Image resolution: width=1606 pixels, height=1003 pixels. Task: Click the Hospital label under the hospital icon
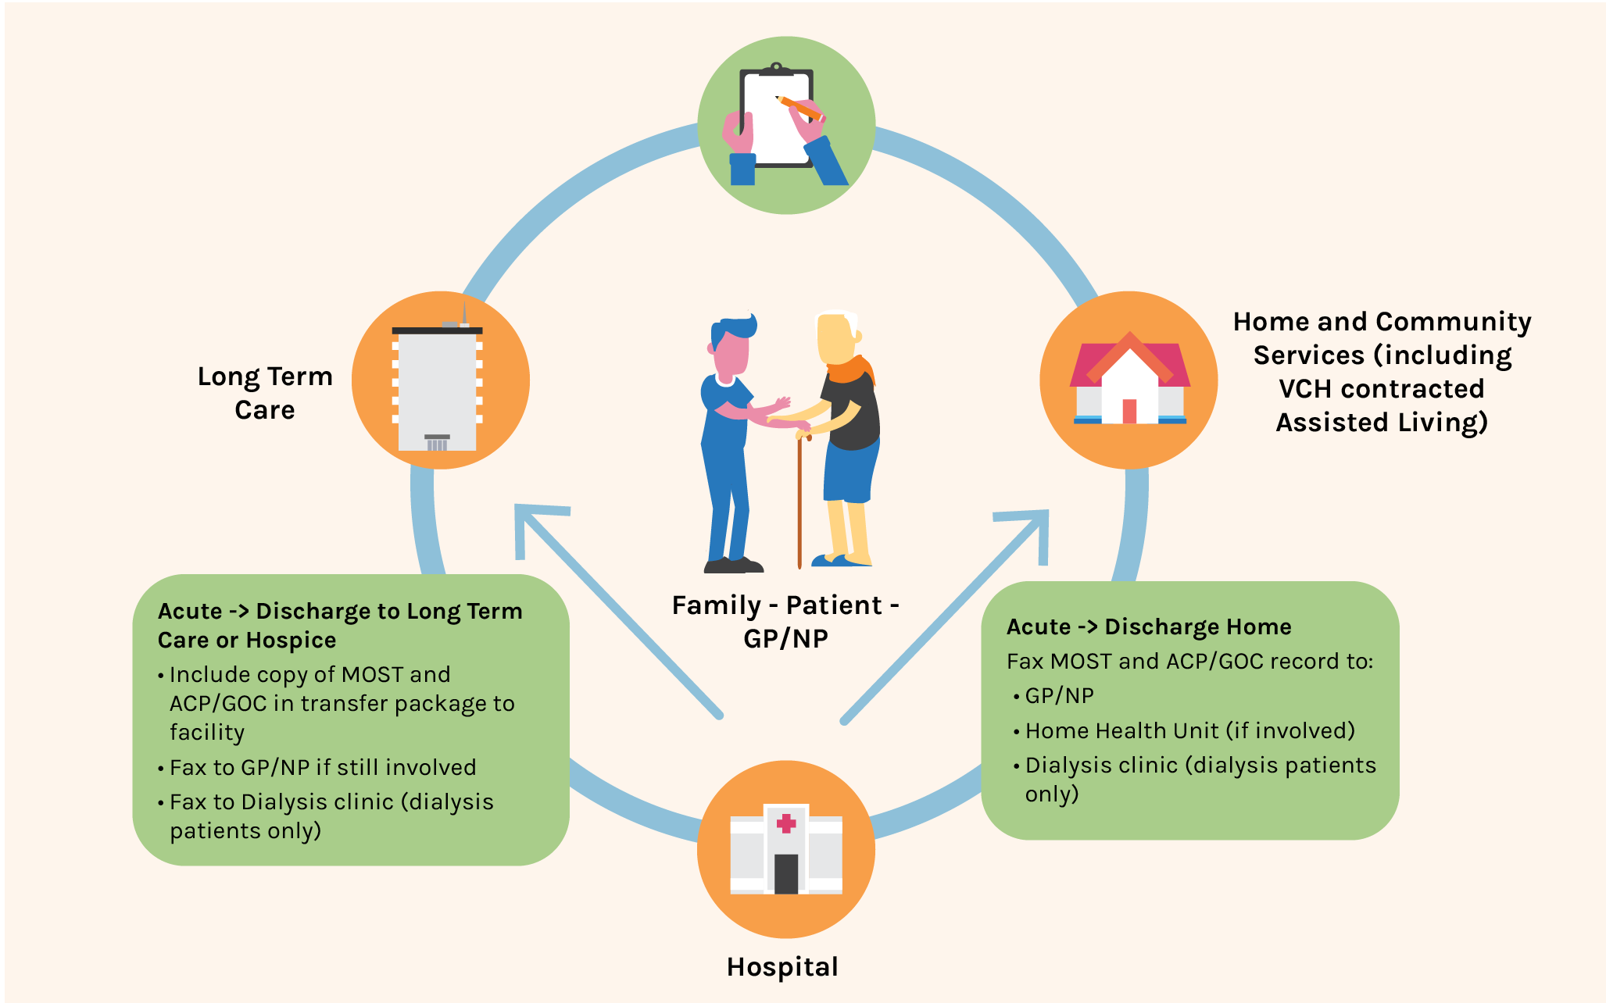coord(782,967)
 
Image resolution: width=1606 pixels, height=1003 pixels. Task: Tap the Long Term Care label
coord(265,393)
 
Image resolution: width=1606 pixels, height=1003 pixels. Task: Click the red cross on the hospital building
coord(786,823)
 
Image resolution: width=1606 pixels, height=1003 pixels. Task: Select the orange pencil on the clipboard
coord(799,107)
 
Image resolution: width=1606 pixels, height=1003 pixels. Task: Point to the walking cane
coord(799,500)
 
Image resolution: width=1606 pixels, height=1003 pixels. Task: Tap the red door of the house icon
coord(1128,411)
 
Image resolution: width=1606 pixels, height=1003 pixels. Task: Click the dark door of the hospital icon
coord(786,873)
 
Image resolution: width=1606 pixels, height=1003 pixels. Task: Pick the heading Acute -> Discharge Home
coord(1148,626)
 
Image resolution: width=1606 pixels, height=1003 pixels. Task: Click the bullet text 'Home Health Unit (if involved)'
coord(1189,730)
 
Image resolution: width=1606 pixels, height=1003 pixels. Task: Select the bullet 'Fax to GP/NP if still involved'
coord(323,767)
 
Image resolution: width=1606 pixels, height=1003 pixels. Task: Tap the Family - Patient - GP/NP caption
coord(785,622)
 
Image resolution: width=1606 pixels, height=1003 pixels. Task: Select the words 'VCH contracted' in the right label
coord(1381,388)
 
